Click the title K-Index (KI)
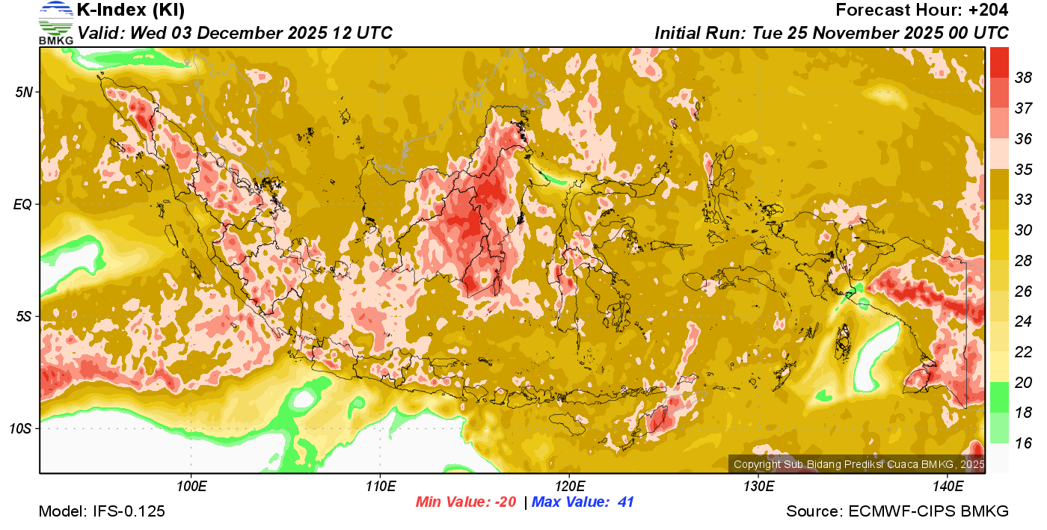click(x=131, y=10)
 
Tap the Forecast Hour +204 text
click(x=922, y=10)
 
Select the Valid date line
click(x=235, y=33)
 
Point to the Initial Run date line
click(x=832, y=33)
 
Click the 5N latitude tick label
click(x=23, y=92)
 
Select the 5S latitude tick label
click(x=23, y=316)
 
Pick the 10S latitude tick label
click(x=20, y=428)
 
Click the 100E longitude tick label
click(x=191, y=487)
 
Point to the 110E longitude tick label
click(x=381, y=487)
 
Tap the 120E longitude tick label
click(x=569, y=487)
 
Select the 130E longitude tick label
click(x=758, y=487)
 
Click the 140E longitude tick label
click(x=948, y=487)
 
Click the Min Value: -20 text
click(x=466, y=502)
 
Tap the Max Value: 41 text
click(x=583, y=502)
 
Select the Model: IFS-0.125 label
click(x=102, y=512)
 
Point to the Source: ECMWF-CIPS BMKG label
click(x=897, y=512)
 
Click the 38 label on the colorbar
click(x=1023, y=78)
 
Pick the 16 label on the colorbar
click(x=1023, y=443)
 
